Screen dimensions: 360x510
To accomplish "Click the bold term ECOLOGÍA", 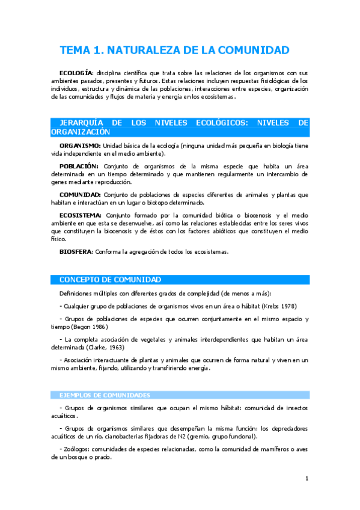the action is [76, 72].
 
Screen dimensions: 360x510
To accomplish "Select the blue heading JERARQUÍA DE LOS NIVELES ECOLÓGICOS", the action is [180, 127].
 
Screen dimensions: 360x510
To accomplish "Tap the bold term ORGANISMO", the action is [81, 146].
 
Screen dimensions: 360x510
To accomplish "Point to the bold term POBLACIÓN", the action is [79, 166].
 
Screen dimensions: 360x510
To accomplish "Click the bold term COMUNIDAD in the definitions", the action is [80, 194].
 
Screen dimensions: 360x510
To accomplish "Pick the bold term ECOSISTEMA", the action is [80, 215].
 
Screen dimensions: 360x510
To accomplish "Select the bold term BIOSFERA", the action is [76, 251].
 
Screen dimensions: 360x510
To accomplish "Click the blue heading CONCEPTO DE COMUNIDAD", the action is [110, 280].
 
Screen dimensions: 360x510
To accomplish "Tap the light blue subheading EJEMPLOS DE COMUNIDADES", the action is [105, 395].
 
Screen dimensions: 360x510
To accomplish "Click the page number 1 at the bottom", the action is [307, 478].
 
